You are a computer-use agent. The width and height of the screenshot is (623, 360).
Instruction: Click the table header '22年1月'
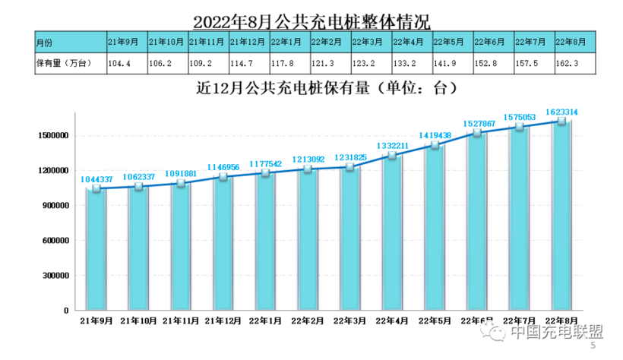click(x=288, y=42)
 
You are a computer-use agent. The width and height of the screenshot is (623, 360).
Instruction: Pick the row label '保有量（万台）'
click(x=64, y=64)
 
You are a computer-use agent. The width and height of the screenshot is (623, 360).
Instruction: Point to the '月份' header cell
click(x=45, y=42)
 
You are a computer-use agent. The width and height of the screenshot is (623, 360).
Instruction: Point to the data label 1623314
click(x=571, y=113)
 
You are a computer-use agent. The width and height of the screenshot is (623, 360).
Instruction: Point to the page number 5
click(x=593, y=346)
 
